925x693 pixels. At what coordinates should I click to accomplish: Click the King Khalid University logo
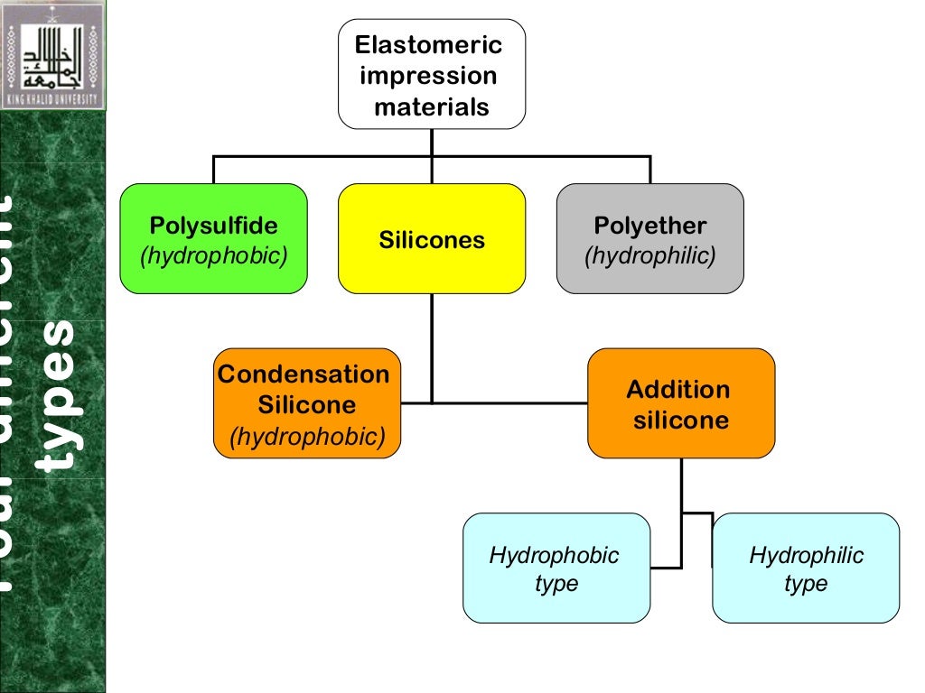52,55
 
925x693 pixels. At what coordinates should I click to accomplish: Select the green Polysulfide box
213,238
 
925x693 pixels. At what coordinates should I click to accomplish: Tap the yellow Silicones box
432,238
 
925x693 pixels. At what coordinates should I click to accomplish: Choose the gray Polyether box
649,238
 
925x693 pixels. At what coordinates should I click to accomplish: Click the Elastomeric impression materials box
432,74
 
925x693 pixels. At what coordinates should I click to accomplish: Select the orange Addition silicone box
681,403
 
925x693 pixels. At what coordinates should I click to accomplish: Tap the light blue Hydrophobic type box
556,568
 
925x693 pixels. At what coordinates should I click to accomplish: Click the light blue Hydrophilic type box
806,568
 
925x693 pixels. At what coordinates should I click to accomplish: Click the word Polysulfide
214,226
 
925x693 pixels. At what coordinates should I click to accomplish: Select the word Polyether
650,226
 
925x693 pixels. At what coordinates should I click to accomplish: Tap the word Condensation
304,374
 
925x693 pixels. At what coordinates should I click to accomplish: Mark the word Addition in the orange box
678,390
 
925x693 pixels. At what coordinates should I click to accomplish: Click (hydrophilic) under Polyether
650,256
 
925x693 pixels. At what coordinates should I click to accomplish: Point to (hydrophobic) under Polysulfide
214,256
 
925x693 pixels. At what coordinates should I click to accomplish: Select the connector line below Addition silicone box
682,487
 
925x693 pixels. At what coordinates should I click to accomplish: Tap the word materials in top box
432,107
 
